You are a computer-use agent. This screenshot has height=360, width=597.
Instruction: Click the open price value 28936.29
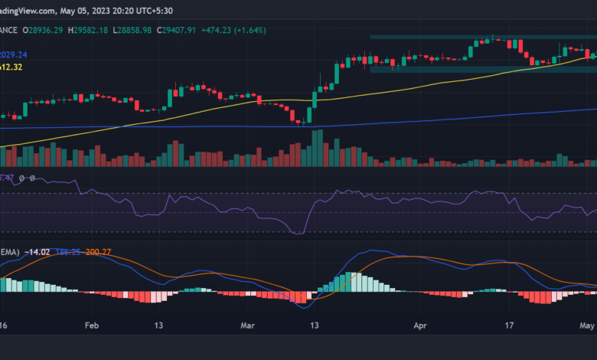click(46, 30)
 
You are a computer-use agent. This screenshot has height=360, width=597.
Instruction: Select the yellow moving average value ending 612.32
click(13, 67)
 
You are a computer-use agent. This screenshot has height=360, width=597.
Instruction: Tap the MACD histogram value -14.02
click(39, 251)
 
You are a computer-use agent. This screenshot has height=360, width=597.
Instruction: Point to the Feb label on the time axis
click(92, 325)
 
